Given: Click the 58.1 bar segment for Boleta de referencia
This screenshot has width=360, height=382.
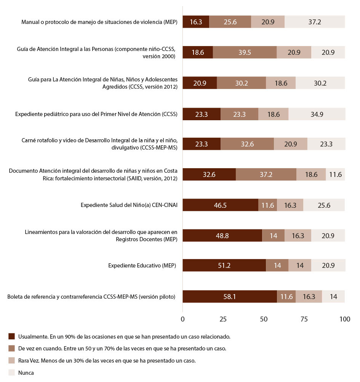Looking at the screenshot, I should (230, 296).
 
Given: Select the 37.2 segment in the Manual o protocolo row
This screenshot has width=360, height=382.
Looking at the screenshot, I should (315, 22).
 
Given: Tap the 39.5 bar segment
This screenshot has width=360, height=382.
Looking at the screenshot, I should (245, 53).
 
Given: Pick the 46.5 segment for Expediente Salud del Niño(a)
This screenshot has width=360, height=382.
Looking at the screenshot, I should (220, 205).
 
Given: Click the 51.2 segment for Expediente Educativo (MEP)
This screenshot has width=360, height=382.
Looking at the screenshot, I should (224, 266).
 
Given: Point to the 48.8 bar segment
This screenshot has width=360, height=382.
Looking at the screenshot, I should (222, 236).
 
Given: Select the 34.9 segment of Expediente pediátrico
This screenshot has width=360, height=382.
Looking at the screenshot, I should (317, 114).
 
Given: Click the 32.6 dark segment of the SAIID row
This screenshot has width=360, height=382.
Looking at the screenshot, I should (209, 175).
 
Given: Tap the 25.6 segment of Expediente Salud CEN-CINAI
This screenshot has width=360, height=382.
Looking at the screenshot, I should (324, 205).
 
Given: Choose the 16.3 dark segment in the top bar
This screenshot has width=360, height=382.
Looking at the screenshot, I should (196, 22).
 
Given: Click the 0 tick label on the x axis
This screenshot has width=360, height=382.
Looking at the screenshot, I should (183, 319).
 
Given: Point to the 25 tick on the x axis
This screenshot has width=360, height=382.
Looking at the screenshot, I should (223, 319).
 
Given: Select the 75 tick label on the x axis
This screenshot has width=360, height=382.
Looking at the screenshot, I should (304, 319).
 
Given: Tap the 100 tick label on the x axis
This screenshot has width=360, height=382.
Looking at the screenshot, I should (345, 319).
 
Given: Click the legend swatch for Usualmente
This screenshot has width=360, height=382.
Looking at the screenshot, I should (11, 336).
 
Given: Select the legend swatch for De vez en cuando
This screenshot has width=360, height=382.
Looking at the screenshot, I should (11, 349).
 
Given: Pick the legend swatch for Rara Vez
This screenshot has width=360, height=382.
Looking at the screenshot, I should (11, 361).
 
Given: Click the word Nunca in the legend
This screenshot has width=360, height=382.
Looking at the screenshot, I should (26, 373).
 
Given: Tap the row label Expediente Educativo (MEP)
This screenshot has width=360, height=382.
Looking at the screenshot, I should (142, 266).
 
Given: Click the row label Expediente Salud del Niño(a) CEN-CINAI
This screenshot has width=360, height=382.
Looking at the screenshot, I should (129, 205).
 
